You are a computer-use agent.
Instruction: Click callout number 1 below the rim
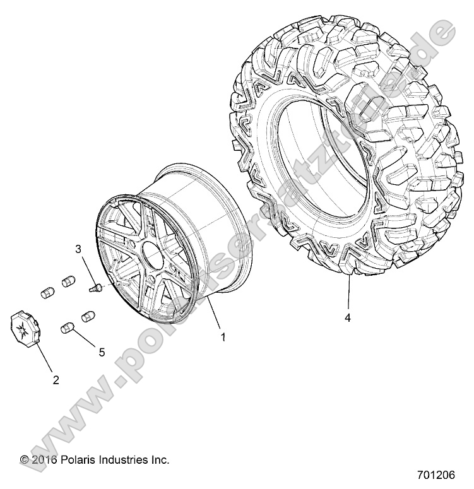(x=222, y=337)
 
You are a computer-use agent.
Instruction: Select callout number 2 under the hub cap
(x=56, y=380)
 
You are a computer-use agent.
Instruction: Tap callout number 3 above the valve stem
(x=79, y=249)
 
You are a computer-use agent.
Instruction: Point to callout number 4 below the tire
(x=347, y=318)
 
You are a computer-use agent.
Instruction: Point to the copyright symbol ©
(x=25, y=460)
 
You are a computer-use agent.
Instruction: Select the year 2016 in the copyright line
(x=45, y=460)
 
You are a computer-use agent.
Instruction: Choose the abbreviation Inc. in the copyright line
(x=159, y=460)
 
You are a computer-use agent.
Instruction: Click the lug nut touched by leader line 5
(x=66, y=328)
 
